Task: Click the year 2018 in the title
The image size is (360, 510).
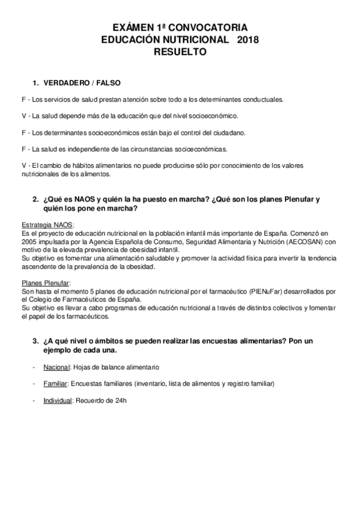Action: [249, 40]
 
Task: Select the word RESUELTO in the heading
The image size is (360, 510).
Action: [180, 52]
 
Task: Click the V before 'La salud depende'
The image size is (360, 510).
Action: [23, 115]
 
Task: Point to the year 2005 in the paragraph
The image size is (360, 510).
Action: [28, 242]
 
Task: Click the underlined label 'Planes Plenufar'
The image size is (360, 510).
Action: [45, 283]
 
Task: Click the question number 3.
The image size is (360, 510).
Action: [35, 340]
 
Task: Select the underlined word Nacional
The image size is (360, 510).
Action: [57, 366]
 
